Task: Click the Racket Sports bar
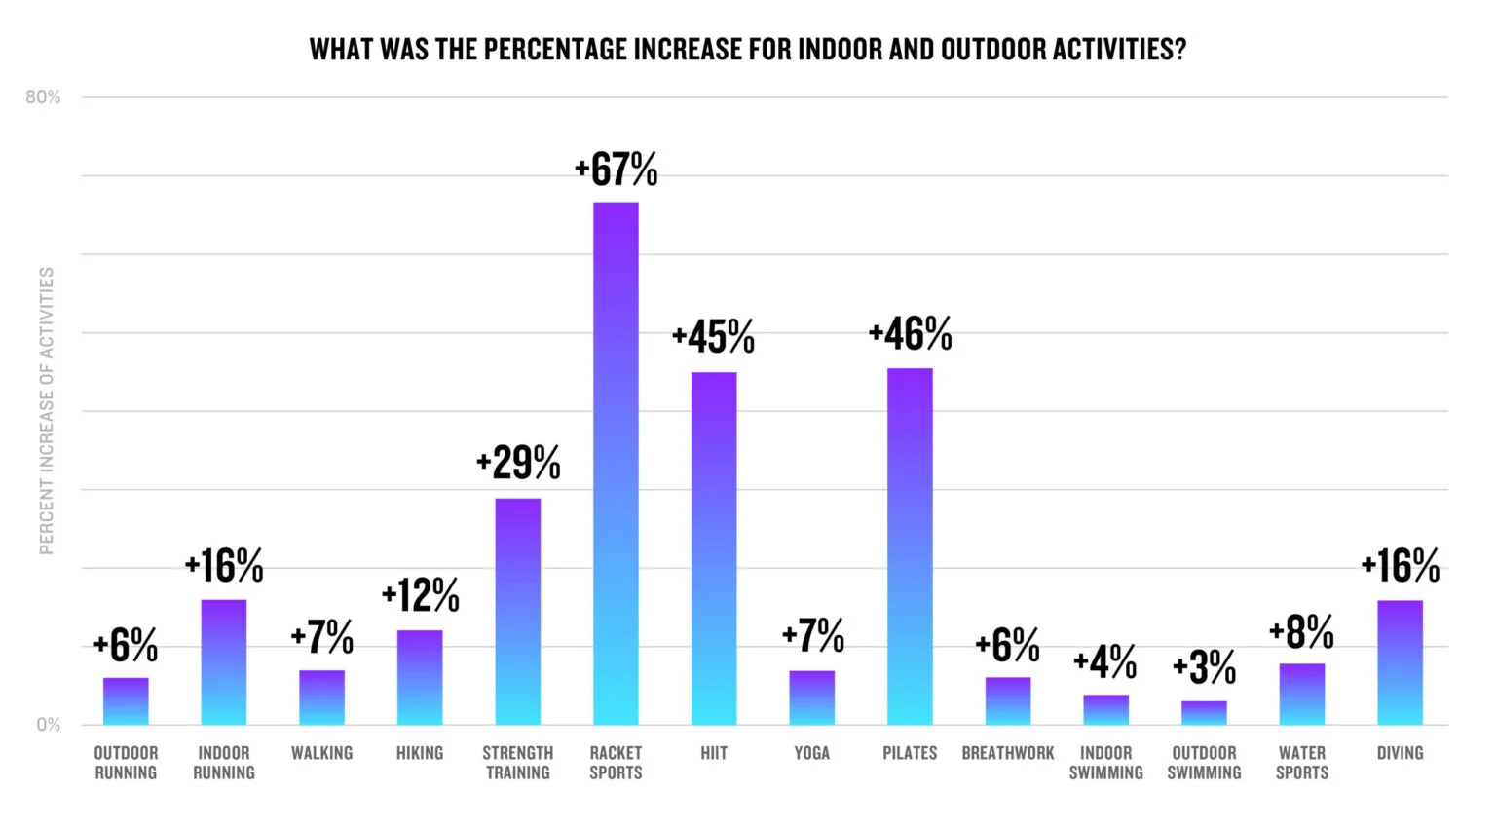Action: click(x=616, y=464)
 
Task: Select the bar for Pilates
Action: click(x=910, y=546)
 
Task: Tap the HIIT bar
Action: click(x=714, y=548)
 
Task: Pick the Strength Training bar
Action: click(x=518, y=612)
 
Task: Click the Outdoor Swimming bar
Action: click(x=1204, y=713)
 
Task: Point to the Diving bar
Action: click(x=1400, y=662)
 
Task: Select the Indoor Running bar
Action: click(x=224, y=662)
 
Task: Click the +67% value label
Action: click(x=617, y=169)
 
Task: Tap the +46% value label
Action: click(x=910, y=334)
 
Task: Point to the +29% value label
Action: click(x=518, y=463)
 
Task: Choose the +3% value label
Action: click(x=1205, y=667)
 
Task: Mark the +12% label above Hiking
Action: click(x=420, y=595)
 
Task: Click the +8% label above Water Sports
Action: click(x=1301, y=632)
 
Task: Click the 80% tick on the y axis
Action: click(x=43, y=97)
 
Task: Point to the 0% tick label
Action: click(x=48, y=725)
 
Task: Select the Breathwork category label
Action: click(x=1008, y=753)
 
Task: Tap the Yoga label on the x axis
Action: click(x=811, y=753)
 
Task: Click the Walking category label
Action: click(x=321, y=753)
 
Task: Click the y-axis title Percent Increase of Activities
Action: click(x=47, y=411)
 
